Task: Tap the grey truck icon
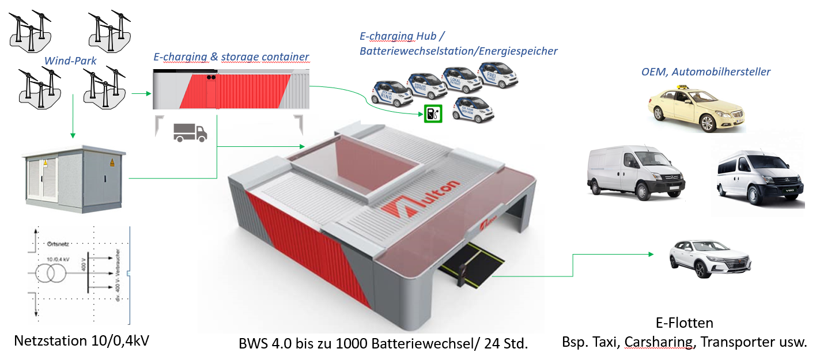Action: [x=190, y=133]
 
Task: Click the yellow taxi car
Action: [x=697, y=109]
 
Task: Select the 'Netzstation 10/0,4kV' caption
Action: [x=81, y=340]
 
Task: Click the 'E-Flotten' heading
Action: [x=684, y=323]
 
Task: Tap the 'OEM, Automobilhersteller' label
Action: [x=705, y=72]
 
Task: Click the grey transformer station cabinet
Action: [x=71, y=176]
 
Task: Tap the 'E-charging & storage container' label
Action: [x=231, y=57]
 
